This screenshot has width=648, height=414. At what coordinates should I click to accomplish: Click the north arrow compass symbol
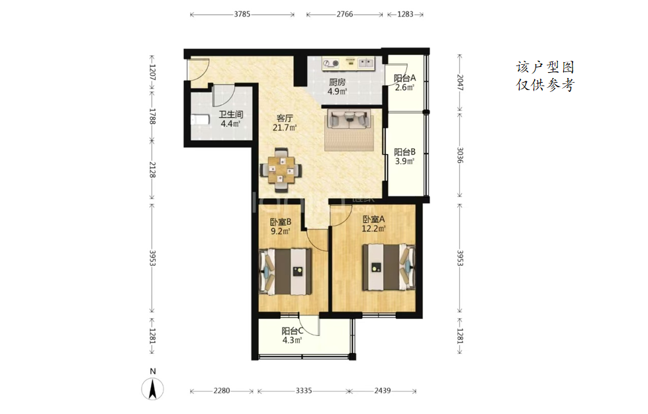click(x=152, y=388)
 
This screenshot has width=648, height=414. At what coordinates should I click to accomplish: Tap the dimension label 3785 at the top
click(x=242, y=14)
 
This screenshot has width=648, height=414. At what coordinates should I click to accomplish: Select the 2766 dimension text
click(x=345, y=14)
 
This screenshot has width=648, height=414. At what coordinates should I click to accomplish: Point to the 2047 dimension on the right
click(x=460, y=83)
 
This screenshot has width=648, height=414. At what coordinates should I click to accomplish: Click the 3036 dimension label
click(x=460, y=155)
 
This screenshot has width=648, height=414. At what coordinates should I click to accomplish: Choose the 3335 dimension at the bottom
click(x=304, y=390)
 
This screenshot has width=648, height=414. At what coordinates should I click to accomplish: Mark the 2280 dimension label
click(x=222, y=390)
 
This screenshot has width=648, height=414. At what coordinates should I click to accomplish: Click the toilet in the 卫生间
click(x=201, y=120)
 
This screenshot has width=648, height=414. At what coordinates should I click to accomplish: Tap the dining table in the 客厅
click(x=281, y=170)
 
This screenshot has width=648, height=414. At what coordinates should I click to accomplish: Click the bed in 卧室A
click(x=389, y=267)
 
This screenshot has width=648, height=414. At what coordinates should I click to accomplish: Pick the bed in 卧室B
click(x=285, y=271)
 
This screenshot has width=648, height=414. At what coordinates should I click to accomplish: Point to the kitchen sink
click(x=365, y=63)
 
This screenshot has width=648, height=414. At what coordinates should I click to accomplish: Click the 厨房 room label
click(x=337, y=82)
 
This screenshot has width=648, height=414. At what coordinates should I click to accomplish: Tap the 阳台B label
click(x=404, y=152)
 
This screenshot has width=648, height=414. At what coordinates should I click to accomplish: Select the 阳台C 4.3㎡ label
click(x=293, y=335)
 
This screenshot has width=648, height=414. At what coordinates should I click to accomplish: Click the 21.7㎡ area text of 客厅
click(x=285, y=128)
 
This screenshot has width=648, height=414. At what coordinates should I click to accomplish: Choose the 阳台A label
click(x=404, y=78)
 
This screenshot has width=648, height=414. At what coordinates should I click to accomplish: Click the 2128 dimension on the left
click(x=152, y=170)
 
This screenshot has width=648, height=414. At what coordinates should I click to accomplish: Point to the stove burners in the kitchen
click(x=331, y=63)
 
